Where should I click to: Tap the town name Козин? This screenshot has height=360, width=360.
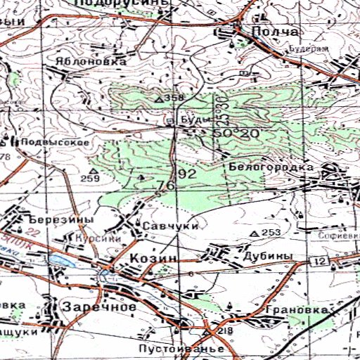pos(153,259)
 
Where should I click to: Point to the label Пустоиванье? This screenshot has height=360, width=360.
pos(181,349)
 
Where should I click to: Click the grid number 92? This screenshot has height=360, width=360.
pos(187,174)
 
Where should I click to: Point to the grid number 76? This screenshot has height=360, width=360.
pos(166,186)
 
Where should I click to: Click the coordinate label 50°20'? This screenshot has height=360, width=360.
pos(236,133)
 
